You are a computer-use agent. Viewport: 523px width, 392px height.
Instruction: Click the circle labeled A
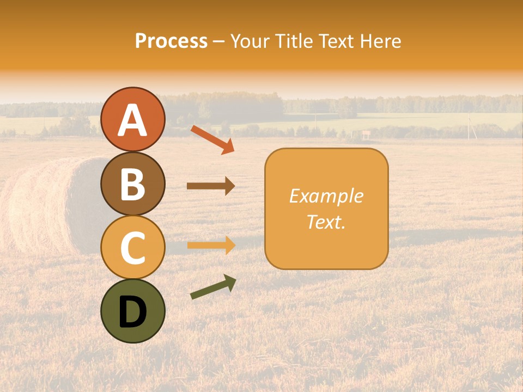coord(133,119)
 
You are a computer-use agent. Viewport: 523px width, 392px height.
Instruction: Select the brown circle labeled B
coord(133,183)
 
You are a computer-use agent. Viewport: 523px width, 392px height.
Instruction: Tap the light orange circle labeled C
coord(133,247)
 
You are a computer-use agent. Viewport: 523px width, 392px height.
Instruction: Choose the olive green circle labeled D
coord(133,311)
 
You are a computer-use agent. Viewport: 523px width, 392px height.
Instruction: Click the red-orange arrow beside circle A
coord(212,139)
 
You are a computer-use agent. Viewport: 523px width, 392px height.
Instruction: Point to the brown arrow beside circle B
coord(211,186)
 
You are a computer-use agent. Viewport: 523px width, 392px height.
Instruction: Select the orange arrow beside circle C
coord(211,245)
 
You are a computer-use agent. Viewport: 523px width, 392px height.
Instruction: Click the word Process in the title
coord(171,41)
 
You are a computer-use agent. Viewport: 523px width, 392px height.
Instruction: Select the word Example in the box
coord(326,196)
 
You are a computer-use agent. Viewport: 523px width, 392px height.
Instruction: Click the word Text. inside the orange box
coord(326,222)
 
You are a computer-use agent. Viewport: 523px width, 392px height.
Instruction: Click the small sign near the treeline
coord(366,133)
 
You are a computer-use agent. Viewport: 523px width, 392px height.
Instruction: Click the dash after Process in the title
coord(219,41)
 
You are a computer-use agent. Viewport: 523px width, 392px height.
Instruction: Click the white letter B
coord(133,184)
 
